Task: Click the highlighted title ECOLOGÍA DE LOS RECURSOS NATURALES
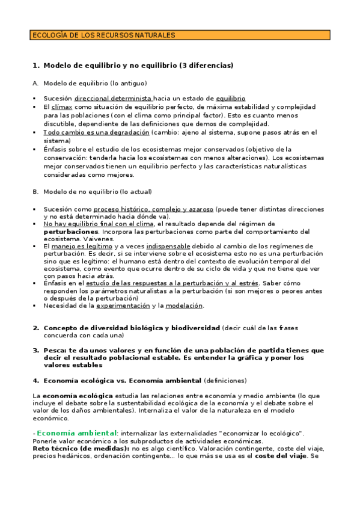pos(103,35)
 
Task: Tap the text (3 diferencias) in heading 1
pos(206,65)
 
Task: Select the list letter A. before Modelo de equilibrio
pos(35,83)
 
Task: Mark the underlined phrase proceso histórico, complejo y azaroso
pos(153,209)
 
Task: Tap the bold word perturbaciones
pos(70,232)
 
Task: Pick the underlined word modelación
pos(185,306)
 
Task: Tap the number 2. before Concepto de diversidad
pos(35,328)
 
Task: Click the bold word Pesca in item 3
pos(54,350)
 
